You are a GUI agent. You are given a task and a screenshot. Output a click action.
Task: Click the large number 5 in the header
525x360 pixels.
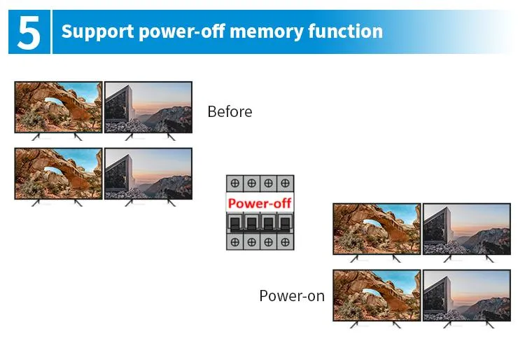(x=29, y=32)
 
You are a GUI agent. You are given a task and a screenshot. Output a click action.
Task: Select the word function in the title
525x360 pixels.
(x=347, y=32)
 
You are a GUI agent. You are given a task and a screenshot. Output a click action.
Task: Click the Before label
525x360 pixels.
(x=230, y=111)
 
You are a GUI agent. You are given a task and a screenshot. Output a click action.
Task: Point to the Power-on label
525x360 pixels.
(x=292, y=296)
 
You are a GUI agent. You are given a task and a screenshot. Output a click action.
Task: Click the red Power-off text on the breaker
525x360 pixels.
(x=260, y=203)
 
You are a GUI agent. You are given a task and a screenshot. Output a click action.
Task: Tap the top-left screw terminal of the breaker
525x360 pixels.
(x=234, y=184)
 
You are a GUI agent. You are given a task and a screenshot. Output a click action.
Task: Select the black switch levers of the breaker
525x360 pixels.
(x=260, y=223)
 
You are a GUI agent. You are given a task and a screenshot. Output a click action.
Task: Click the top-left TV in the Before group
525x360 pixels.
(x=58, y=107)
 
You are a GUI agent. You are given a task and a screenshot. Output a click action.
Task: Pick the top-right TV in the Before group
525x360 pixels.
(x=148, y=107)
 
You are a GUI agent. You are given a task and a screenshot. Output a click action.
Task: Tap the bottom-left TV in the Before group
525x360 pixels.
(x=58, y=173)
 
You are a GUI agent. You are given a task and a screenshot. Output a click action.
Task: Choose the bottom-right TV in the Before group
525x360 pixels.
(x=148, y=173)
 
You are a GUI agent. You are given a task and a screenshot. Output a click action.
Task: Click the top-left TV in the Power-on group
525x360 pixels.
(x=377, y=229)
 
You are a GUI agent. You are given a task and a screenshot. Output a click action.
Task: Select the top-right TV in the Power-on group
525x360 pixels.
(x=467, y=229)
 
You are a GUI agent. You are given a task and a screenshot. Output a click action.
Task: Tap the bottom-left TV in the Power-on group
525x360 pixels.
(x=377, y=295)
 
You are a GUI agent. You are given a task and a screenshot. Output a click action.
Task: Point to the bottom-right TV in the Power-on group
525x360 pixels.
(x=467, y=295)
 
